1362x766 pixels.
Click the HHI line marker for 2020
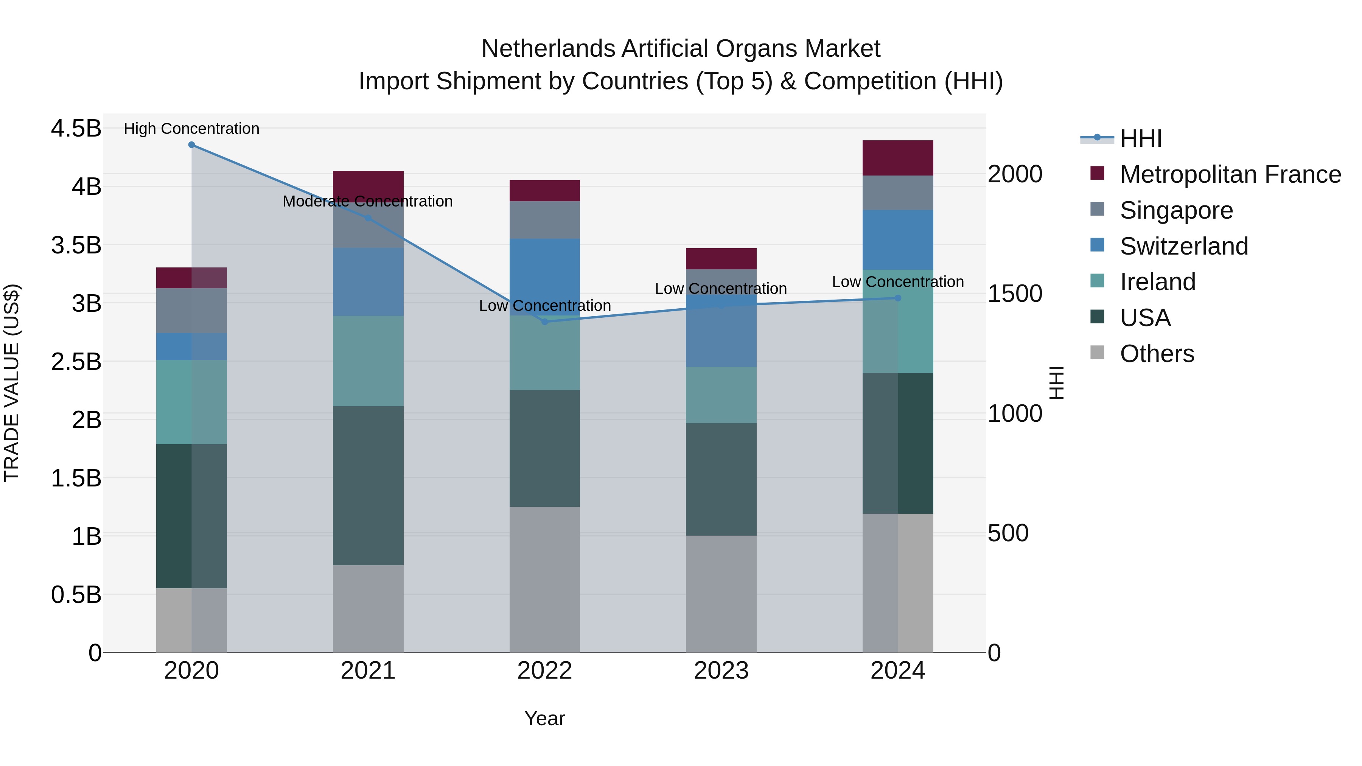(191, 145)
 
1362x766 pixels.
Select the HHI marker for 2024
(898, 298)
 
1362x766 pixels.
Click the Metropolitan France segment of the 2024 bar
(898, 158)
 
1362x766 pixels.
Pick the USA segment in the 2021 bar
(368, 485)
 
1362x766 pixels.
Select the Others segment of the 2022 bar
(544, 580)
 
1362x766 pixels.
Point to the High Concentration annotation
(191, 129)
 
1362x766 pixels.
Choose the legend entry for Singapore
(1176, 210)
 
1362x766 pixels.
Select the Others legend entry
(1157, 354)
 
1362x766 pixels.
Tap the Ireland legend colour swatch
(1097, 281)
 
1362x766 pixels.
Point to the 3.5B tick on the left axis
(76, 245)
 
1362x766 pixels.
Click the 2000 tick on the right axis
(1015, 174)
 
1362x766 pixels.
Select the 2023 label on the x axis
(721, 671)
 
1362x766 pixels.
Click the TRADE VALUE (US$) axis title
(12, 383)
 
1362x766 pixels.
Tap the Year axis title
(544, 718)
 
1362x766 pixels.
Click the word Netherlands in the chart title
(548, 49)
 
